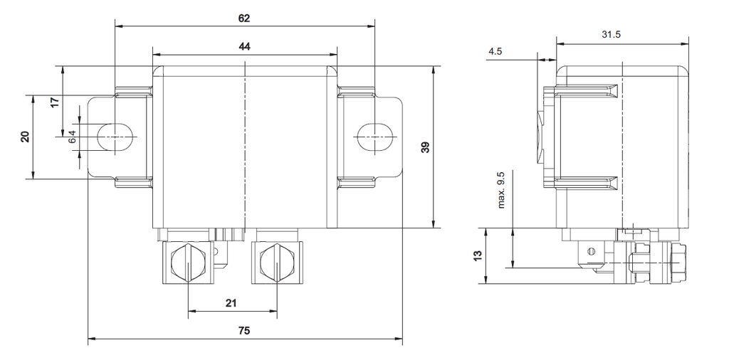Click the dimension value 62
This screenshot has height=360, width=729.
point(244,17)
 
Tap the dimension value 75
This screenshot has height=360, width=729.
point(244,332)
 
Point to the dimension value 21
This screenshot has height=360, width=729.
point(231,303)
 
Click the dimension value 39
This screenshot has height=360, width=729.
point(425,147)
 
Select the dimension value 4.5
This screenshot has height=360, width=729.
point(496,51)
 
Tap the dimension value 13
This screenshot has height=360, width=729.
point(478,255)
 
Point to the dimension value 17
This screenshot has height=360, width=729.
point(56,102)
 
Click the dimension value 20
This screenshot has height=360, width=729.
point(26,137)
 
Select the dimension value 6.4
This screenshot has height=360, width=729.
point(72,137)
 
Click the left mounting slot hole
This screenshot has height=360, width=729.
point(115,136)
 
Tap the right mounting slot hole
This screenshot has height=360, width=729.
point(374,136)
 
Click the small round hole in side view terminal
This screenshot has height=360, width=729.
point(590,251)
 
